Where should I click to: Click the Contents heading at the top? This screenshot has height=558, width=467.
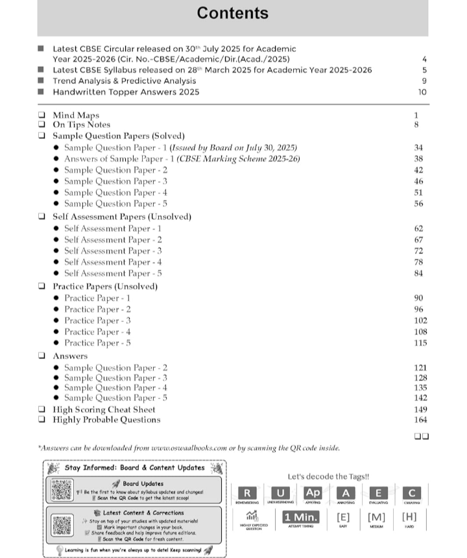tap(232, 14)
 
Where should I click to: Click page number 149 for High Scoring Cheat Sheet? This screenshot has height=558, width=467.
tap(420, 409)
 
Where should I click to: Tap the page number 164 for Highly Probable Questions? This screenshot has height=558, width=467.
tap(420, 420)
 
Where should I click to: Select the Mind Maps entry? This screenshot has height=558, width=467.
tap(76, 115)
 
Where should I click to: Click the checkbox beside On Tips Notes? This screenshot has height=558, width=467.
tap(42, 125)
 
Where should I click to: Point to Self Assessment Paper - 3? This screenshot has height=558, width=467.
tap(113, 250)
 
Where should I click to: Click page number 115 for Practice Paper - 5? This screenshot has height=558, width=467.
tap(420, 343)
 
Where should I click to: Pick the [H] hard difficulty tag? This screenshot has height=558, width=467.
tap(409, 517)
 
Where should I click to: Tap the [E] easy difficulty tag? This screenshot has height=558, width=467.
tap(343, 517)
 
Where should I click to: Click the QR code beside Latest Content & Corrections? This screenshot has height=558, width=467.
tap(61, 526)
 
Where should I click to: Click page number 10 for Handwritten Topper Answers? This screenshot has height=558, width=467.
tap(422, 92)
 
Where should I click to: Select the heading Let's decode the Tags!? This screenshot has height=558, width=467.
tap(328, 476)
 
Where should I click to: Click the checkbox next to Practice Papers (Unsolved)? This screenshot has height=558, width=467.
tap(42, 286)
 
